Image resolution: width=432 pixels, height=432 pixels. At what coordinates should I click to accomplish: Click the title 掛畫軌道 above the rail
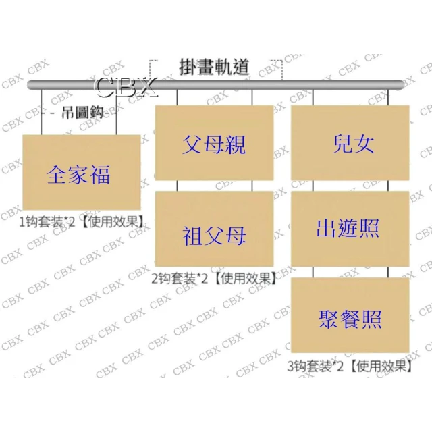(215, 67)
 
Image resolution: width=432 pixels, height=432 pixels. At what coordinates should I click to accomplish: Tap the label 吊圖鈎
(82, 113)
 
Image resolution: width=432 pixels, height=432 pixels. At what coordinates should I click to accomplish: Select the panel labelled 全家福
(82, 172)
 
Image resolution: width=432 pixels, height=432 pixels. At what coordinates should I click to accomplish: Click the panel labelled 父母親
(215, 142)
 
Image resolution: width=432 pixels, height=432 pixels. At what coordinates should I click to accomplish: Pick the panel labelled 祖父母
(215, 229)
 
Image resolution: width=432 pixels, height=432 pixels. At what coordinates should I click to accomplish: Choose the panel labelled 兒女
(350, 142)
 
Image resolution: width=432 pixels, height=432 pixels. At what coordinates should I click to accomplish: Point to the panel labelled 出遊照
(350, 229)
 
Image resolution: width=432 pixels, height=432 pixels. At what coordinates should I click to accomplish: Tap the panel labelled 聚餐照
(350, 315)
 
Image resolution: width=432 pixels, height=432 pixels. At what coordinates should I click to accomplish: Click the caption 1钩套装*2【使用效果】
(82, 222)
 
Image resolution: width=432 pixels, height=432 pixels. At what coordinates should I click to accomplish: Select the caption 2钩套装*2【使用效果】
(214, 279)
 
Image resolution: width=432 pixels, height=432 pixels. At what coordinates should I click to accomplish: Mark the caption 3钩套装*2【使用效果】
(350, 367)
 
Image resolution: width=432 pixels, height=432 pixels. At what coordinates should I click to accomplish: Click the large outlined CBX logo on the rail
(126, 87)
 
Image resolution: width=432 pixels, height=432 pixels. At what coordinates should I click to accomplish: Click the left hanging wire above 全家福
(42, 112)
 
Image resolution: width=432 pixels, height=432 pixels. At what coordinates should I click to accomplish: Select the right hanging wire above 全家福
(117, 112)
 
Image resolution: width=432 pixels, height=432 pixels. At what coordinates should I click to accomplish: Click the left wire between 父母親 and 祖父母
(177, 186)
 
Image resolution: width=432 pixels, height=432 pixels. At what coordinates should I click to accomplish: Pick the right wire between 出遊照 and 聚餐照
(388, 272)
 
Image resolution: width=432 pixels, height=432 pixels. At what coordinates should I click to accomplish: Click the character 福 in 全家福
(101, 175)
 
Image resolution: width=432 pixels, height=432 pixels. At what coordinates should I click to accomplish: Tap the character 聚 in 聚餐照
(329, 319)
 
